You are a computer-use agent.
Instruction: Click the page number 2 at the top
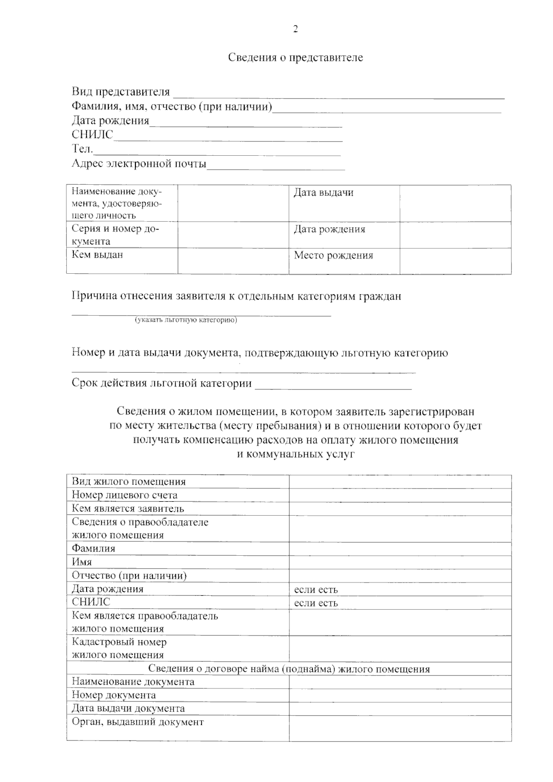pos(295,29)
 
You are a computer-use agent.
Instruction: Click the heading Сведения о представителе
pos(295,58)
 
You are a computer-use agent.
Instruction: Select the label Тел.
pos(82,149)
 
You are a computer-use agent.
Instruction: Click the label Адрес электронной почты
pos(139,164)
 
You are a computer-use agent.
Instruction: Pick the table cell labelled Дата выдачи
pos(324,193)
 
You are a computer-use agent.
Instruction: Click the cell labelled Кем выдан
pos(97,255)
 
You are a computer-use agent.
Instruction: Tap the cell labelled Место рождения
pos(333,256)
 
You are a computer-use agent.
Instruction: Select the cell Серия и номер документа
pos(115,235)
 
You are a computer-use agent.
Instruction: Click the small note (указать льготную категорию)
pos(186,320)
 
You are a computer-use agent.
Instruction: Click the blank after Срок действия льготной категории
pos(333,384)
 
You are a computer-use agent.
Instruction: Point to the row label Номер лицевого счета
pos(124,495)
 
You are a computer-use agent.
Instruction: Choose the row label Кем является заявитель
pos(128,509)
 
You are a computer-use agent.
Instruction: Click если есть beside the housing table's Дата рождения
pos(316,589)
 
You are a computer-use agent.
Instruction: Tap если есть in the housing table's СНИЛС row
pos(316,603)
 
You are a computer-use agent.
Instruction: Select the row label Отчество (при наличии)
pos(129,576)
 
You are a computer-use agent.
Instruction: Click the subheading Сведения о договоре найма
pos(288,669)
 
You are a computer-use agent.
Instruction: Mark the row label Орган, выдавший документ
pos(137,722)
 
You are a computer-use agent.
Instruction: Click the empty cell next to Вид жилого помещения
pos(400,482)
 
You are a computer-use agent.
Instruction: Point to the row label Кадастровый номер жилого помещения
pos(119,648)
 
